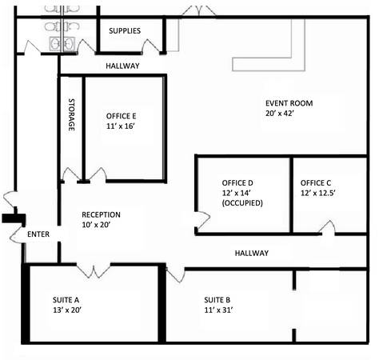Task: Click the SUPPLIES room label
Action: click(x=125, y=30)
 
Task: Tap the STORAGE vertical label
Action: click(x=71, y=114)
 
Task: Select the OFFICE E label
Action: click(x=121, y=116)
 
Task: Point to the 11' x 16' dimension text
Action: click(x=121, y=126)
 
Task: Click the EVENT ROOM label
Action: click(x=289, y=103)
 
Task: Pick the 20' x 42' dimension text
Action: click(x=280, y=114)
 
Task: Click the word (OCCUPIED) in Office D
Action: click(x=242, y=203)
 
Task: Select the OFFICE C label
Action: click(x=316, y=183)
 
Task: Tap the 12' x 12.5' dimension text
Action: click(x=317, y=193)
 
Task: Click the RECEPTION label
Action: click(x=101, y=214)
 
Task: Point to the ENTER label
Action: click(x=38, y=234)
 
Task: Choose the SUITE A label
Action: click(x=66, y=300)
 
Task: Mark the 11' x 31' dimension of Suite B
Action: click(x=218, y=310)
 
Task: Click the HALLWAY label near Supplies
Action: click(x=122, y=66)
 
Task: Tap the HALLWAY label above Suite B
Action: click(x=252, y=253)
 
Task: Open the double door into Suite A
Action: click(x=94, y=270)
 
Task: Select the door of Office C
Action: click(x=327, y=228)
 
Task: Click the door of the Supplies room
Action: click(x=151, y=47)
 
